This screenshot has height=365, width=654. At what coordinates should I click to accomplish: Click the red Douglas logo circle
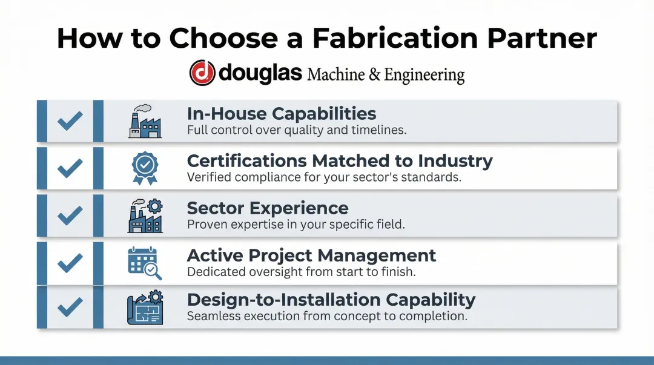pos(202,73)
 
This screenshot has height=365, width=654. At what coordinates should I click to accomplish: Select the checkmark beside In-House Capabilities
pos(70,121)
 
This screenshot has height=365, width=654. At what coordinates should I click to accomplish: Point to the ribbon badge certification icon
pos(145,168)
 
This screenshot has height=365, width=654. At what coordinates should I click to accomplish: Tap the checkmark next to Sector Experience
pos(70,215)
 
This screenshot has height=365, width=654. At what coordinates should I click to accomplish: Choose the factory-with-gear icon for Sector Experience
pos(145,215)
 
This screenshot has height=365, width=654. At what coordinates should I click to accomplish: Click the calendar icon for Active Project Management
pos(145,263)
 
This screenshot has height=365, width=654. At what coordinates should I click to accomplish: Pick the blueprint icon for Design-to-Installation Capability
pos(145,307)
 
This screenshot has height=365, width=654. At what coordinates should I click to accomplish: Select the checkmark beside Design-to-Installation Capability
pos(70,307)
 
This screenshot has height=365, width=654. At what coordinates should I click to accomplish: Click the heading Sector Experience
pos(268,208)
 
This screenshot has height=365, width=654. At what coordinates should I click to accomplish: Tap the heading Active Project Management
pos(311,255)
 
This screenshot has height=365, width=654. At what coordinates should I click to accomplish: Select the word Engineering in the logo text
pos(424,75)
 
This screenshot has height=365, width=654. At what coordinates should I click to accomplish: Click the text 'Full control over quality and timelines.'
pos(297,130)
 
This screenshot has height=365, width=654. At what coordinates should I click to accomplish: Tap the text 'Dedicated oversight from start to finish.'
pos(301,272)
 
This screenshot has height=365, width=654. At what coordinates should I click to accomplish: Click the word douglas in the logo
pos(260,73)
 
